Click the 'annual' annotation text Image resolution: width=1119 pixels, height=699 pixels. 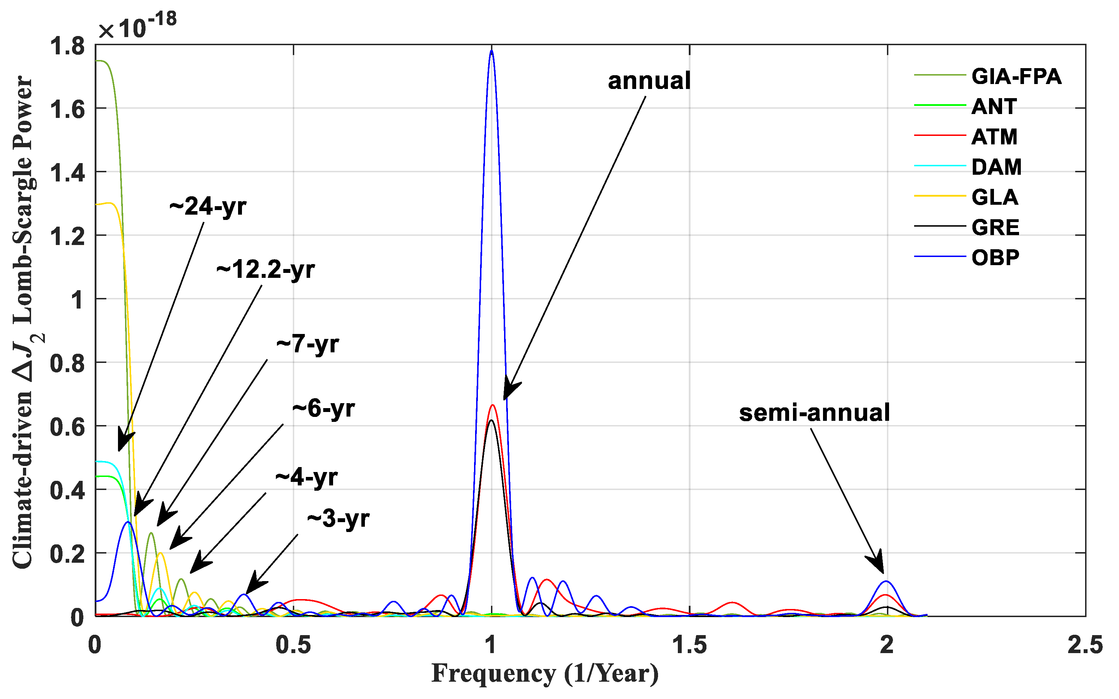[649, 81]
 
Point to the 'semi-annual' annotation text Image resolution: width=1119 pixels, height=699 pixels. [814, 412]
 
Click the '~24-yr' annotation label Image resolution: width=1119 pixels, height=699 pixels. [208, 206]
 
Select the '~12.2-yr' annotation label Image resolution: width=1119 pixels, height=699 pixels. [265, 269]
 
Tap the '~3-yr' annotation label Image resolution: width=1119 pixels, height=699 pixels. [338, 519]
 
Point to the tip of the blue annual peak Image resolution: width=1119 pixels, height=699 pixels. [492, 51]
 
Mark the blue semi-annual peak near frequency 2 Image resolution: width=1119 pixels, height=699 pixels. [886, 581]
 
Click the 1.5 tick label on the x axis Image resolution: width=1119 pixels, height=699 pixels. [689, 645]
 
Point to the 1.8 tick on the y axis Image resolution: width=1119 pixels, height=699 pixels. [67, 46]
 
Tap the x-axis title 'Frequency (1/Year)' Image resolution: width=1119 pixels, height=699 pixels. [545, 674]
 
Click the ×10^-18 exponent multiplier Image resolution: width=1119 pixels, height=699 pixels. [137, 27]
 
